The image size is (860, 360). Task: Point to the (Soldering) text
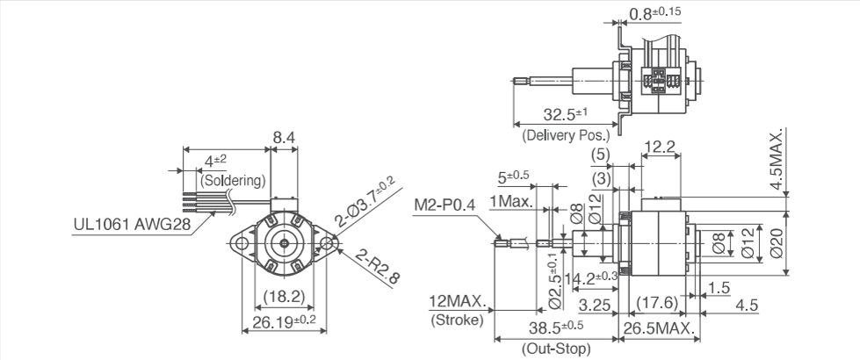pos(233,181)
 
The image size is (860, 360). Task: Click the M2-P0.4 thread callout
pos(444,205)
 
